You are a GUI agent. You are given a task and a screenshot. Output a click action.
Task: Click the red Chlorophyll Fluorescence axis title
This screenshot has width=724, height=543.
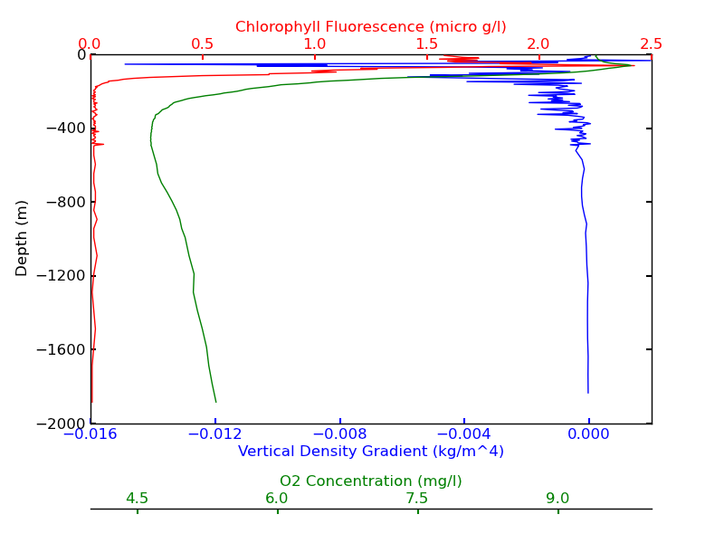coord(370,27)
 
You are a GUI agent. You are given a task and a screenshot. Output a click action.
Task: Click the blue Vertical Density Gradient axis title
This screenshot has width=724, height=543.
coord(370,451)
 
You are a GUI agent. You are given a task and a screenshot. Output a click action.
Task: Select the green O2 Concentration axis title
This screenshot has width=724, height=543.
coord(370,481)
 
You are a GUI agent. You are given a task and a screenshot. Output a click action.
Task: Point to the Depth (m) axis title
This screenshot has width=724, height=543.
coord(23,238)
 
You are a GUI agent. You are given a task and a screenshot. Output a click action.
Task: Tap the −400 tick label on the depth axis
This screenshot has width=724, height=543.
coord(63,129)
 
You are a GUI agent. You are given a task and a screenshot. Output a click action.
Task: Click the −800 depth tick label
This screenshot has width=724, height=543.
coord(63,202)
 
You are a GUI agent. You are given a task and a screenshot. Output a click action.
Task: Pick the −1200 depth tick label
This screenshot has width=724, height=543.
coord(60,276)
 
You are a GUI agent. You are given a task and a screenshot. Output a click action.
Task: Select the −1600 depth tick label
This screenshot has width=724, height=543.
coord(60,349)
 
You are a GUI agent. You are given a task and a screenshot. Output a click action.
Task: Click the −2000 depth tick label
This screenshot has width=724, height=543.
coord(60,424)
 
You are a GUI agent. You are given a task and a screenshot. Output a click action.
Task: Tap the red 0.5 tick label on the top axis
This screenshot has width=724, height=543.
coord(202,43)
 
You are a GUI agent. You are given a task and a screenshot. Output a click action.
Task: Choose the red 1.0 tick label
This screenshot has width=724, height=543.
coord(314,43)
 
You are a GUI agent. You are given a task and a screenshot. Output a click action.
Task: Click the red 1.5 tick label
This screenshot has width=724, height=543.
coord(426,43)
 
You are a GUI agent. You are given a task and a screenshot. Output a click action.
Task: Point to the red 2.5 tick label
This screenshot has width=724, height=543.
coord(651,43)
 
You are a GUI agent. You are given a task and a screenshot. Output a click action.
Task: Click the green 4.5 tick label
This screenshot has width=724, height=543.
coord(137,499)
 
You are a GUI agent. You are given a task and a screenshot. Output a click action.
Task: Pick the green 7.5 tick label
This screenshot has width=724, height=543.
coord(417,499)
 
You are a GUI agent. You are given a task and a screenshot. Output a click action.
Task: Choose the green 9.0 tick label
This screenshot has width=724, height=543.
coord(557,499)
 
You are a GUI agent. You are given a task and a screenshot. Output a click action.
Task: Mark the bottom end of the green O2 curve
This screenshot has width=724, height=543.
coord(215,402)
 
